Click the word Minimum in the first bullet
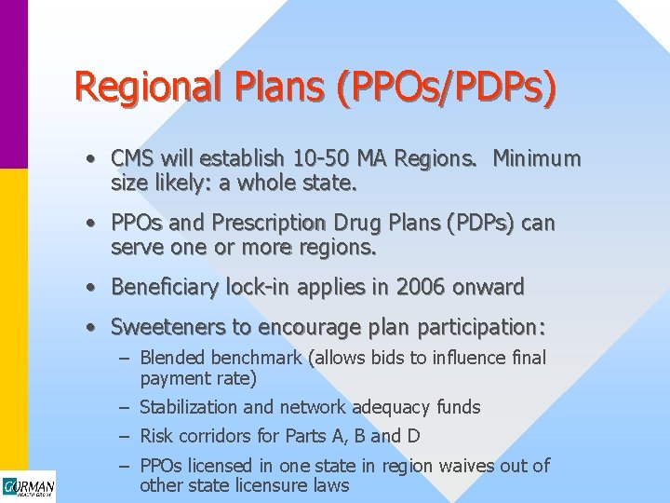[x=536, y=159]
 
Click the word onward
[x=489, y=287]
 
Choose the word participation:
[x=485, y=328]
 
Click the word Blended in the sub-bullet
[x=173, y=359]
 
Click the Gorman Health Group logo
[x=28, y=487]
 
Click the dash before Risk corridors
[x=124, y=435]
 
